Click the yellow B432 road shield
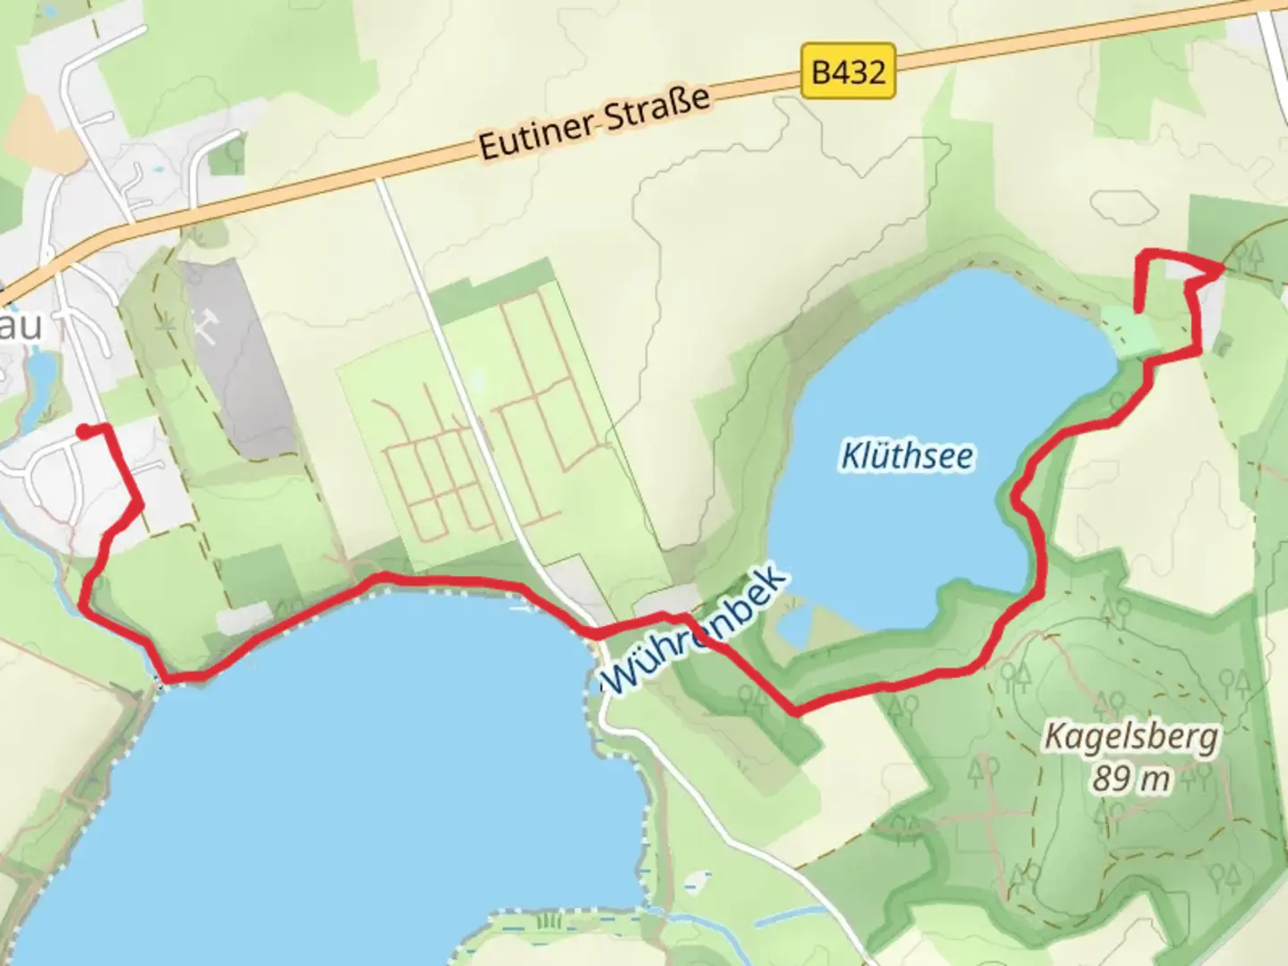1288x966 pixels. click(x=848, y=71)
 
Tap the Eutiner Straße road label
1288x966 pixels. click(x=594, y=123)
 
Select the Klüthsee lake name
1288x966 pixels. click(x=907, y=456)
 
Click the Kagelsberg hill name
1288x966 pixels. click(x=1131, y=738)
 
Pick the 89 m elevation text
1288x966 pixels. click(x=1131, y=779)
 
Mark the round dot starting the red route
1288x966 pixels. click(x=82, y=432)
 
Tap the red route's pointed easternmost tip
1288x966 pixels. click(x=1222, y=268)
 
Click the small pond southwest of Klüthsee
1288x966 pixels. click(x=793, y=625)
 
